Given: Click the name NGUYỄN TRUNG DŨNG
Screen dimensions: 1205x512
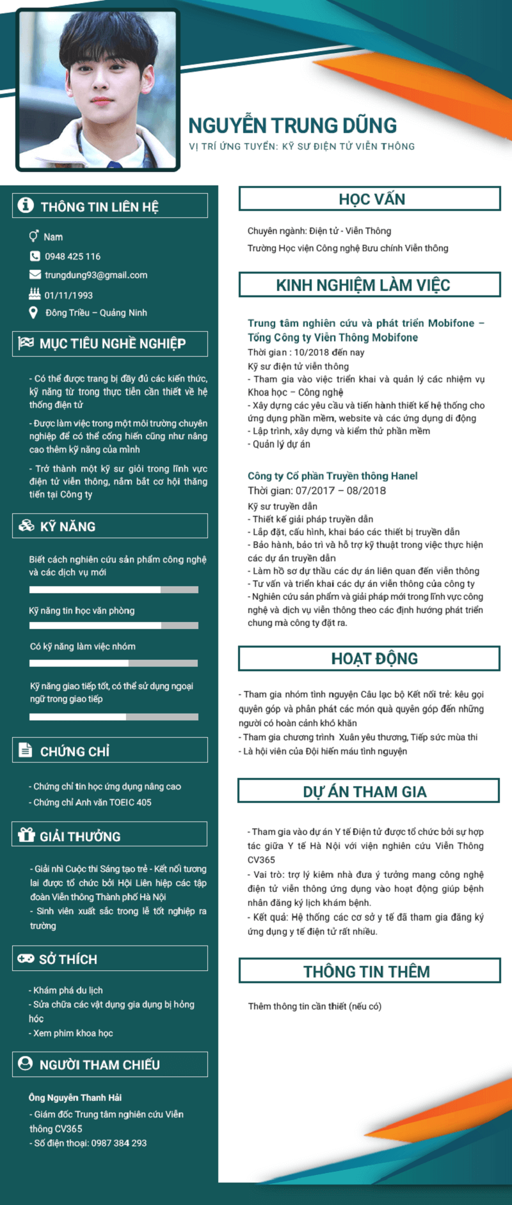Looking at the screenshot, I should pyautogui.click(x=292, y=125).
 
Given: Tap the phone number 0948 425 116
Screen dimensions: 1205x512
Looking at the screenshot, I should pyautogui.click(x=72, y=256).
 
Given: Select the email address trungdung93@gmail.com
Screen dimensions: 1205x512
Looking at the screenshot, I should pyautogui.click(x=96, y=275).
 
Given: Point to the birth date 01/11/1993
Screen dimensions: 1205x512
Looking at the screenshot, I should pyautogui.click(x=68, y=295).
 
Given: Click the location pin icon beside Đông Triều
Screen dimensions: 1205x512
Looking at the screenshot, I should pyautogui.click(x=34, y=313).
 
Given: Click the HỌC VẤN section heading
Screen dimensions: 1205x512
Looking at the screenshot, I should pyautogui.click(x=371, y=199).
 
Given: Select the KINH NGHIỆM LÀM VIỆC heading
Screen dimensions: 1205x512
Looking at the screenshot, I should pyautogui.click(x=363, y=285).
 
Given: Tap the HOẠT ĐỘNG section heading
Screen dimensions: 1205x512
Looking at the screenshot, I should pyautogui.click(x=374, y=658).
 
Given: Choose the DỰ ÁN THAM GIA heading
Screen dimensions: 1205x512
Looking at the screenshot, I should pyautogui.click(x=364, y=792).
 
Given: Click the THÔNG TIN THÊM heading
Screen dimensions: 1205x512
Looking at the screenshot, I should pyautogui.click(x=366, y=972).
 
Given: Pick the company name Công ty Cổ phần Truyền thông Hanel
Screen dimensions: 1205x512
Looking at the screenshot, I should pyautogui.click(x=332, y=476).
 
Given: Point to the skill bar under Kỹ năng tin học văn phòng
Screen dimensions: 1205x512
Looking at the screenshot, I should pyautogui.click(x=114, y=625).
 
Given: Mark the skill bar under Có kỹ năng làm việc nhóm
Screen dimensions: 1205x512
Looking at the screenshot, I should pyautogui.click(x=114, y=664).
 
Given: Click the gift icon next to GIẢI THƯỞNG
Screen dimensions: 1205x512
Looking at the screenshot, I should pyautogui.click(x=26, y=835).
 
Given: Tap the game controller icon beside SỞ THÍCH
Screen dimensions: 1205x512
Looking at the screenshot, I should pyautogui.click(x=26, y=958).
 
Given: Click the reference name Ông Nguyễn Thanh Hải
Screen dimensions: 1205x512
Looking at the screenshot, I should pyautogui.click(x=75, y=1098).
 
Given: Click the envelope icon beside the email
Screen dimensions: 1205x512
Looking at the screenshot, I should pyautogui.click(x=35, y=275).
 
